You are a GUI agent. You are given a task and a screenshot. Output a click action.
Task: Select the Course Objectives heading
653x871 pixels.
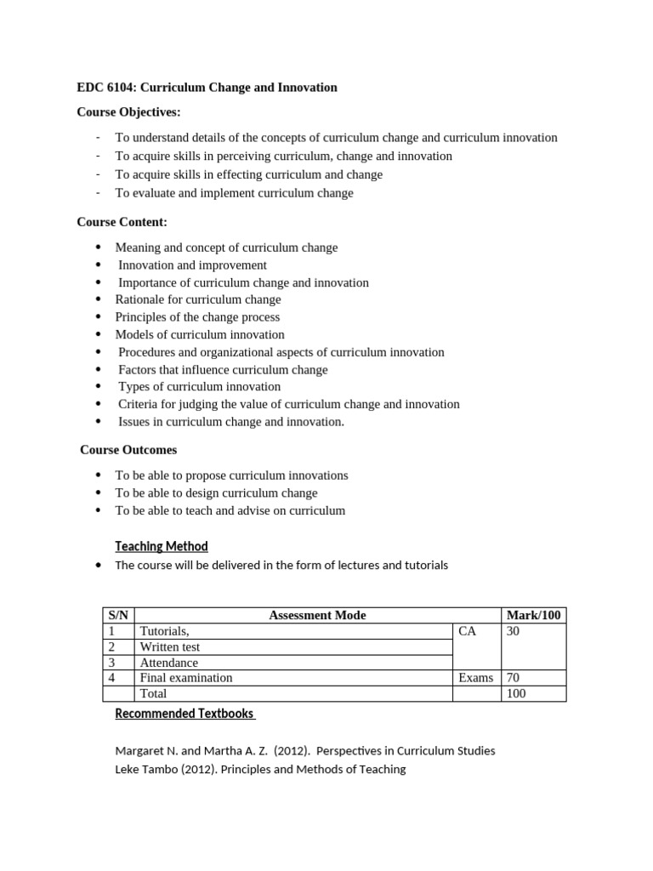pyautogui.click(x=128, y=112)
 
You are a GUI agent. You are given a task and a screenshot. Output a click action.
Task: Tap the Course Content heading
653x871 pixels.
pyautogui.click(x=122, y=222)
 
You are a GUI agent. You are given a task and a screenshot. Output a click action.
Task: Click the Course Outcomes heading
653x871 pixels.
pyautogui.click(x=128, y=450)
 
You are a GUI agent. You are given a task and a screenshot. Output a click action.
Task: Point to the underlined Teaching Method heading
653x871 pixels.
pyautogui.click(x=162, y=546)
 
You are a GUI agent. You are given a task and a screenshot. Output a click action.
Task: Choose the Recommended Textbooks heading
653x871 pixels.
pyautogui.click(x=185, y=714)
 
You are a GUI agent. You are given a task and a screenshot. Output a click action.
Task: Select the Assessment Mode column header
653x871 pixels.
pyautogui.click(x=317, y=616)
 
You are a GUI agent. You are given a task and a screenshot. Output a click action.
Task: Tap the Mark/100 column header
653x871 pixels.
pyautogui.click(x=533, y=616)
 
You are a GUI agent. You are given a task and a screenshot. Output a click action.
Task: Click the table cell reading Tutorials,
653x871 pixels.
pyautogui.click(x=165, y=631)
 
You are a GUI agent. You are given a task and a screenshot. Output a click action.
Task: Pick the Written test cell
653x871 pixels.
pyautogui.click(x=170, y=647)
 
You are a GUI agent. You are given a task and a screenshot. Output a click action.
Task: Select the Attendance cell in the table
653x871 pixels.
pyautogui.click(x=168, y=663)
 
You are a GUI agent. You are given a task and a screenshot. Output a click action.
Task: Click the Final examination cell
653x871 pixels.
pyautogui.click(x=186, y=678)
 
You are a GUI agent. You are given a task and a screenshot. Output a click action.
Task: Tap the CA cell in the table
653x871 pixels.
pyautogui.click(x=468, y=631)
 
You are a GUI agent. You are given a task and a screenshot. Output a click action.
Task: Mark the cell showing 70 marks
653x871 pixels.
pyautogui.click(x=514, y=678)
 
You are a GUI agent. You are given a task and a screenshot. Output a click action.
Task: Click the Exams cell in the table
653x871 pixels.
pyautogui.click(x=475, y=678)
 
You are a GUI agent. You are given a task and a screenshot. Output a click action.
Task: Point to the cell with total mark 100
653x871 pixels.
pyautogui.click(x=516, y=693)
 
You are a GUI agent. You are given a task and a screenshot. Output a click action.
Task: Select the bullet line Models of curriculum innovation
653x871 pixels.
pyautogui.click(x=200, y=335)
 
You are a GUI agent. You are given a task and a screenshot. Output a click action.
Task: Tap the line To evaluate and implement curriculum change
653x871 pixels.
pyautogui.click(x=234, y=193)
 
